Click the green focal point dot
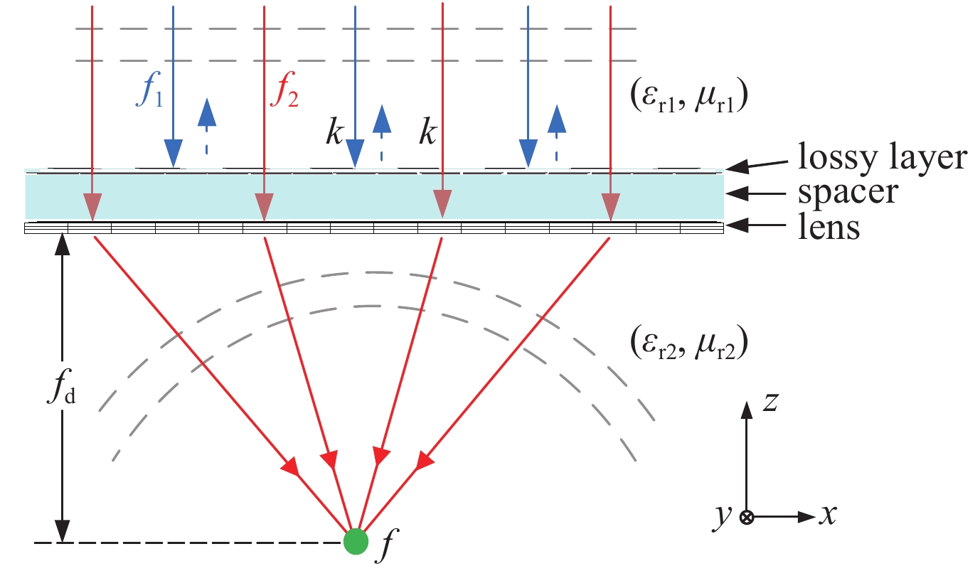pos(356,542)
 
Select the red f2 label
pos(284,94)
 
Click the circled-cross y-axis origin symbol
pos(746,518)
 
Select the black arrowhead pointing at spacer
pos(737,193)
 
